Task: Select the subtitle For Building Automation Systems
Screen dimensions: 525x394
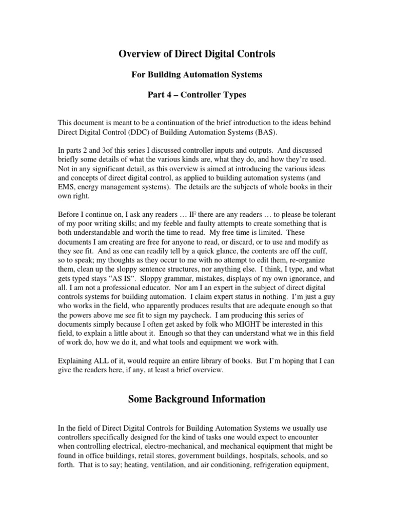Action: pyautogui.click(x=197, y=75)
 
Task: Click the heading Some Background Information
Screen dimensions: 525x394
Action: pyautogui.click(x=197, y=399)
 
